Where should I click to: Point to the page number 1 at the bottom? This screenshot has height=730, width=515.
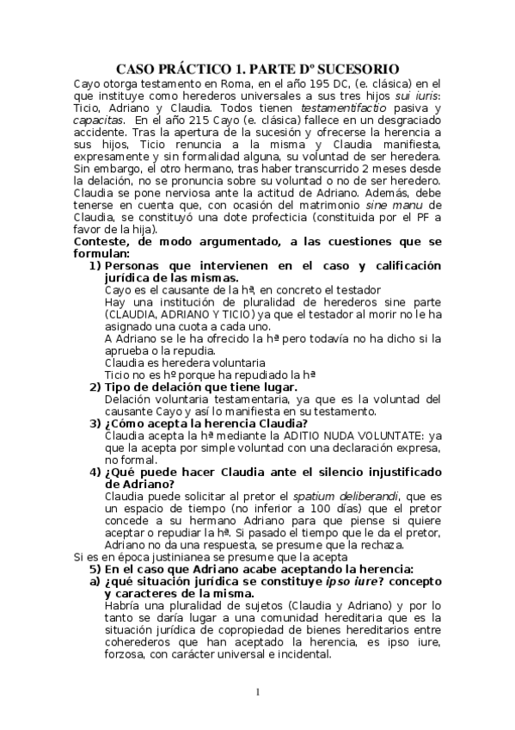[x=257, y=693]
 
